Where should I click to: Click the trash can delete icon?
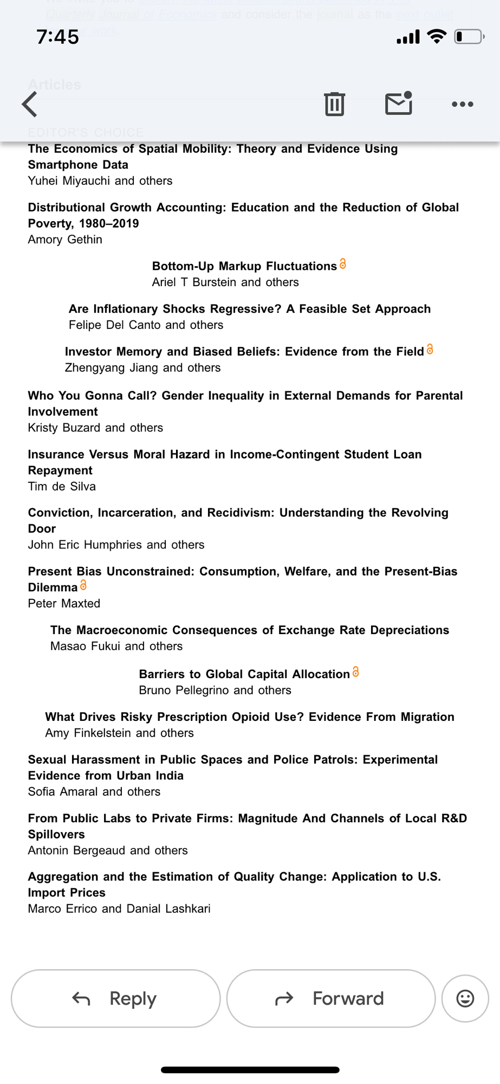[334, 104]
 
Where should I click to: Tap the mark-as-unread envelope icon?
[399, 103]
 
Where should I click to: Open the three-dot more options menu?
[462, 104]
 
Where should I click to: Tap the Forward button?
[331, 998]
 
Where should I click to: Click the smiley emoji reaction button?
[465, 998]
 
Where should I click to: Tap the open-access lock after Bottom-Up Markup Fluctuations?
[342, 264]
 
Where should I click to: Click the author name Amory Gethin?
[65, 239]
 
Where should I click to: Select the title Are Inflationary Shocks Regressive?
[249, 309]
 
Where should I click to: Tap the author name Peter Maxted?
[64, 603]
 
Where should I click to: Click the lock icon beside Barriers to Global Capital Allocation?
[355, 672]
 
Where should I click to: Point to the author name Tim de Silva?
[62, 486]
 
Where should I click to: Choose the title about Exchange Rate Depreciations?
[249, 630]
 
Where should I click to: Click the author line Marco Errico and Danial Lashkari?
[119, 908]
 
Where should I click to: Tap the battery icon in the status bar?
[469, 37]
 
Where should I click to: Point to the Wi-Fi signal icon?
[436, 36]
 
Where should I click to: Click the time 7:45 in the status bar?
[57, 37]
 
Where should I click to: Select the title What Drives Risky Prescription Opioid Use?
[249, 717]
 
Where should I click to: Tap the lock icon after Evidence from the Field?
[430, 350]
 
